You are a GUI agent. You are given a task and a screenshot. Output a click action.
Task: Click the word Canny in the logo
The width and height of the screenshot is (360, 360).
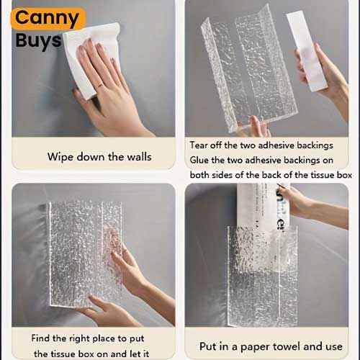pyautogui.click(x=47, y=18)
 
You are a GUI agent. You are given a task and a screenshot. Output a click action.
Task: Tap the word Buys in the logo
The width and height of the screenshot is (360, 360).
pyautogui.click(x=38, y=41)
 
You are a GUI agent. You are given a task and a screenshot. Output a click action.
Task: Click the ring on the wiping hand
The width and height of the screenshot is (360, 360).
pyautogui.click(x=99, y=86)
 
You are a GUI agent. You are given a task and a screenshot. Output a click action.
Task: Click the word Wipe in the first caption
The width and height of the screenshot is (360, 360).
pyautogui.click(x=60, y=157)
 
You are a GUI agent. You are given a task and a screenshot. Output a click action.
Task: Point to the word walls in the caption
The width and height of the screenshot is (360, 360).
pyautogui.click(x=139, y=157)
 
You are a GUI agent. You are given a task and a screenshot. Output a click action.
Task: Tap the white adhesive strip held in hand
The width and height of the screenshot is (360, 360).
pyautogui.click(x=307, y=51)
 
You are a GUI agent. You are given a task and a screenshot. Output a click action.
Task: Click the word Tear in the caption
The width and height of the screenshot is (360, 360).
pyautogui.click(x=199, y=145)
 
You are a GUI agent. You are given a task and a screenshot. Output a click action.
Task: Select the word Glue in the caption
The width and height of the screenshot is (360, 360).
pyautogui.click(x=199, y=160)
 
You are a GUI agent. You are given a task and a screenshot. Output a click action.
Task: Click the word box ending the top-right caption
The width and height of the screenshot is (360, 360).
pyautogui.click(x=344, y=175)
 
